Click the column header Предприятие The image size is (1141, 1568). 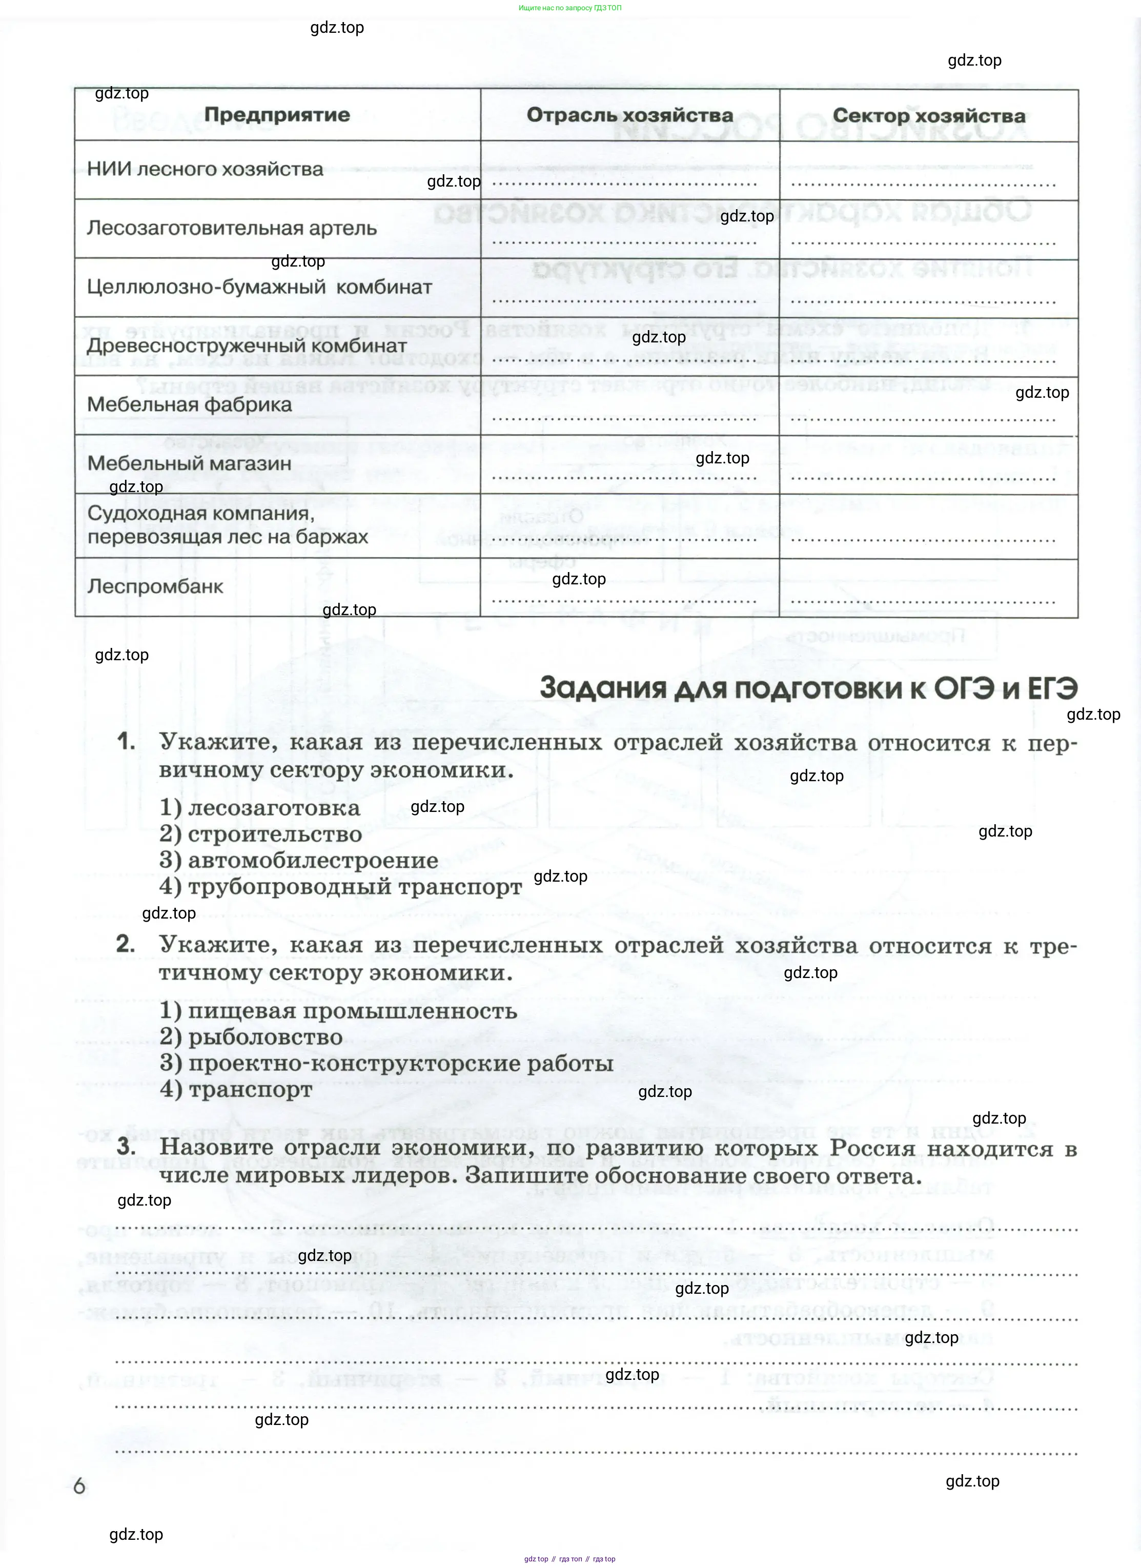pyautogui.click(x=277, y=115)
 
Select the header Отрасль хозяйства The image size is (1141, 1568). pyautogui.click(x=629, y=115)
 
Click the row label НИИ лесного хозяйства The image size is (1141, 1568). pyautogui.click(x=205, y=169)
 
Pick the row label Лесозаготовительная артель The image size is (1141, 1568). pyautogui.click(x=232, y=228)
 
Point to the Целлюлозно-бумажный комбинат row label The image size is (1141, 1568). pyautogui.click(x=259, y=287)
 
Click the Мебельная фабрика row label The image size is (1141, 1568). pyautogui.click(x=190, y=404)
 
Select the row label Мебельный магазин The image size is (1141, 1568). pyautogui.click(x=189, y=463)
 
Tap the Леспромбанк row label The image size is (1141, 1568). pyautogui.click(x=155, y=587)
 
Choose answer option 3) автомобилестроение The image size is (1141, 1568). pyautogui.click(x=299, y=861)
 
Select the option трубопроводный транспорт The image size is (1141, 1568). pyautogui.click(x=355, y=887)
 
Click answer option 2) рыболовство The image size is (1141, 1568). pyautogui.click(x=251, y=1037)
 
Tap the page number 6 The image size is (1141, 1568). pyautogui.click(x=79, y=1485)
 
